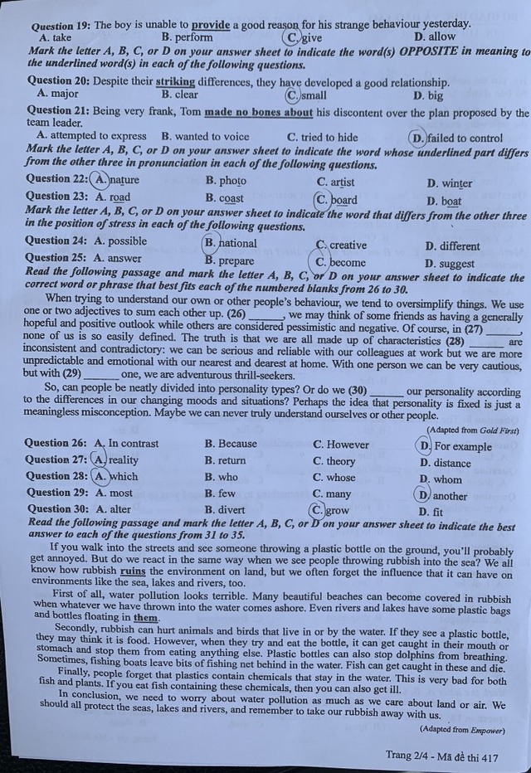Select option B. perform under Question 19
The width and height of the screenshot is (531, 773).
(x=188, y=37)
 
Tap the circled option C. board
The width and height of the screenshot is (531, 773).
(x=335, y=200)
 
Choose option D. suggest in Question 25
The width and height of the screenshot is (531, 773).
(x=449, y=264)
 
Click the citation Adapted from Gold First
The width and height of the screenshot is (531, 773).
(x=473, y=430)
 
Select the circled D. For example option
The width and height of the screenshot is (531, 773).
(x=455, y=446)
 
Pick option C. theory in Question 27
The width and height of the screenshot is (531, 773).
(x=334, y=461)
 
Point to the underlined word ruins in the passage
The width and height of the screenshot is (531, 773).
(x=133, y=570)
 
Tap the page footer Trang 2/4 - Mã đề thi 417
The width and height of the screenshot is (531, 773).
(x=441, y=756)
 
